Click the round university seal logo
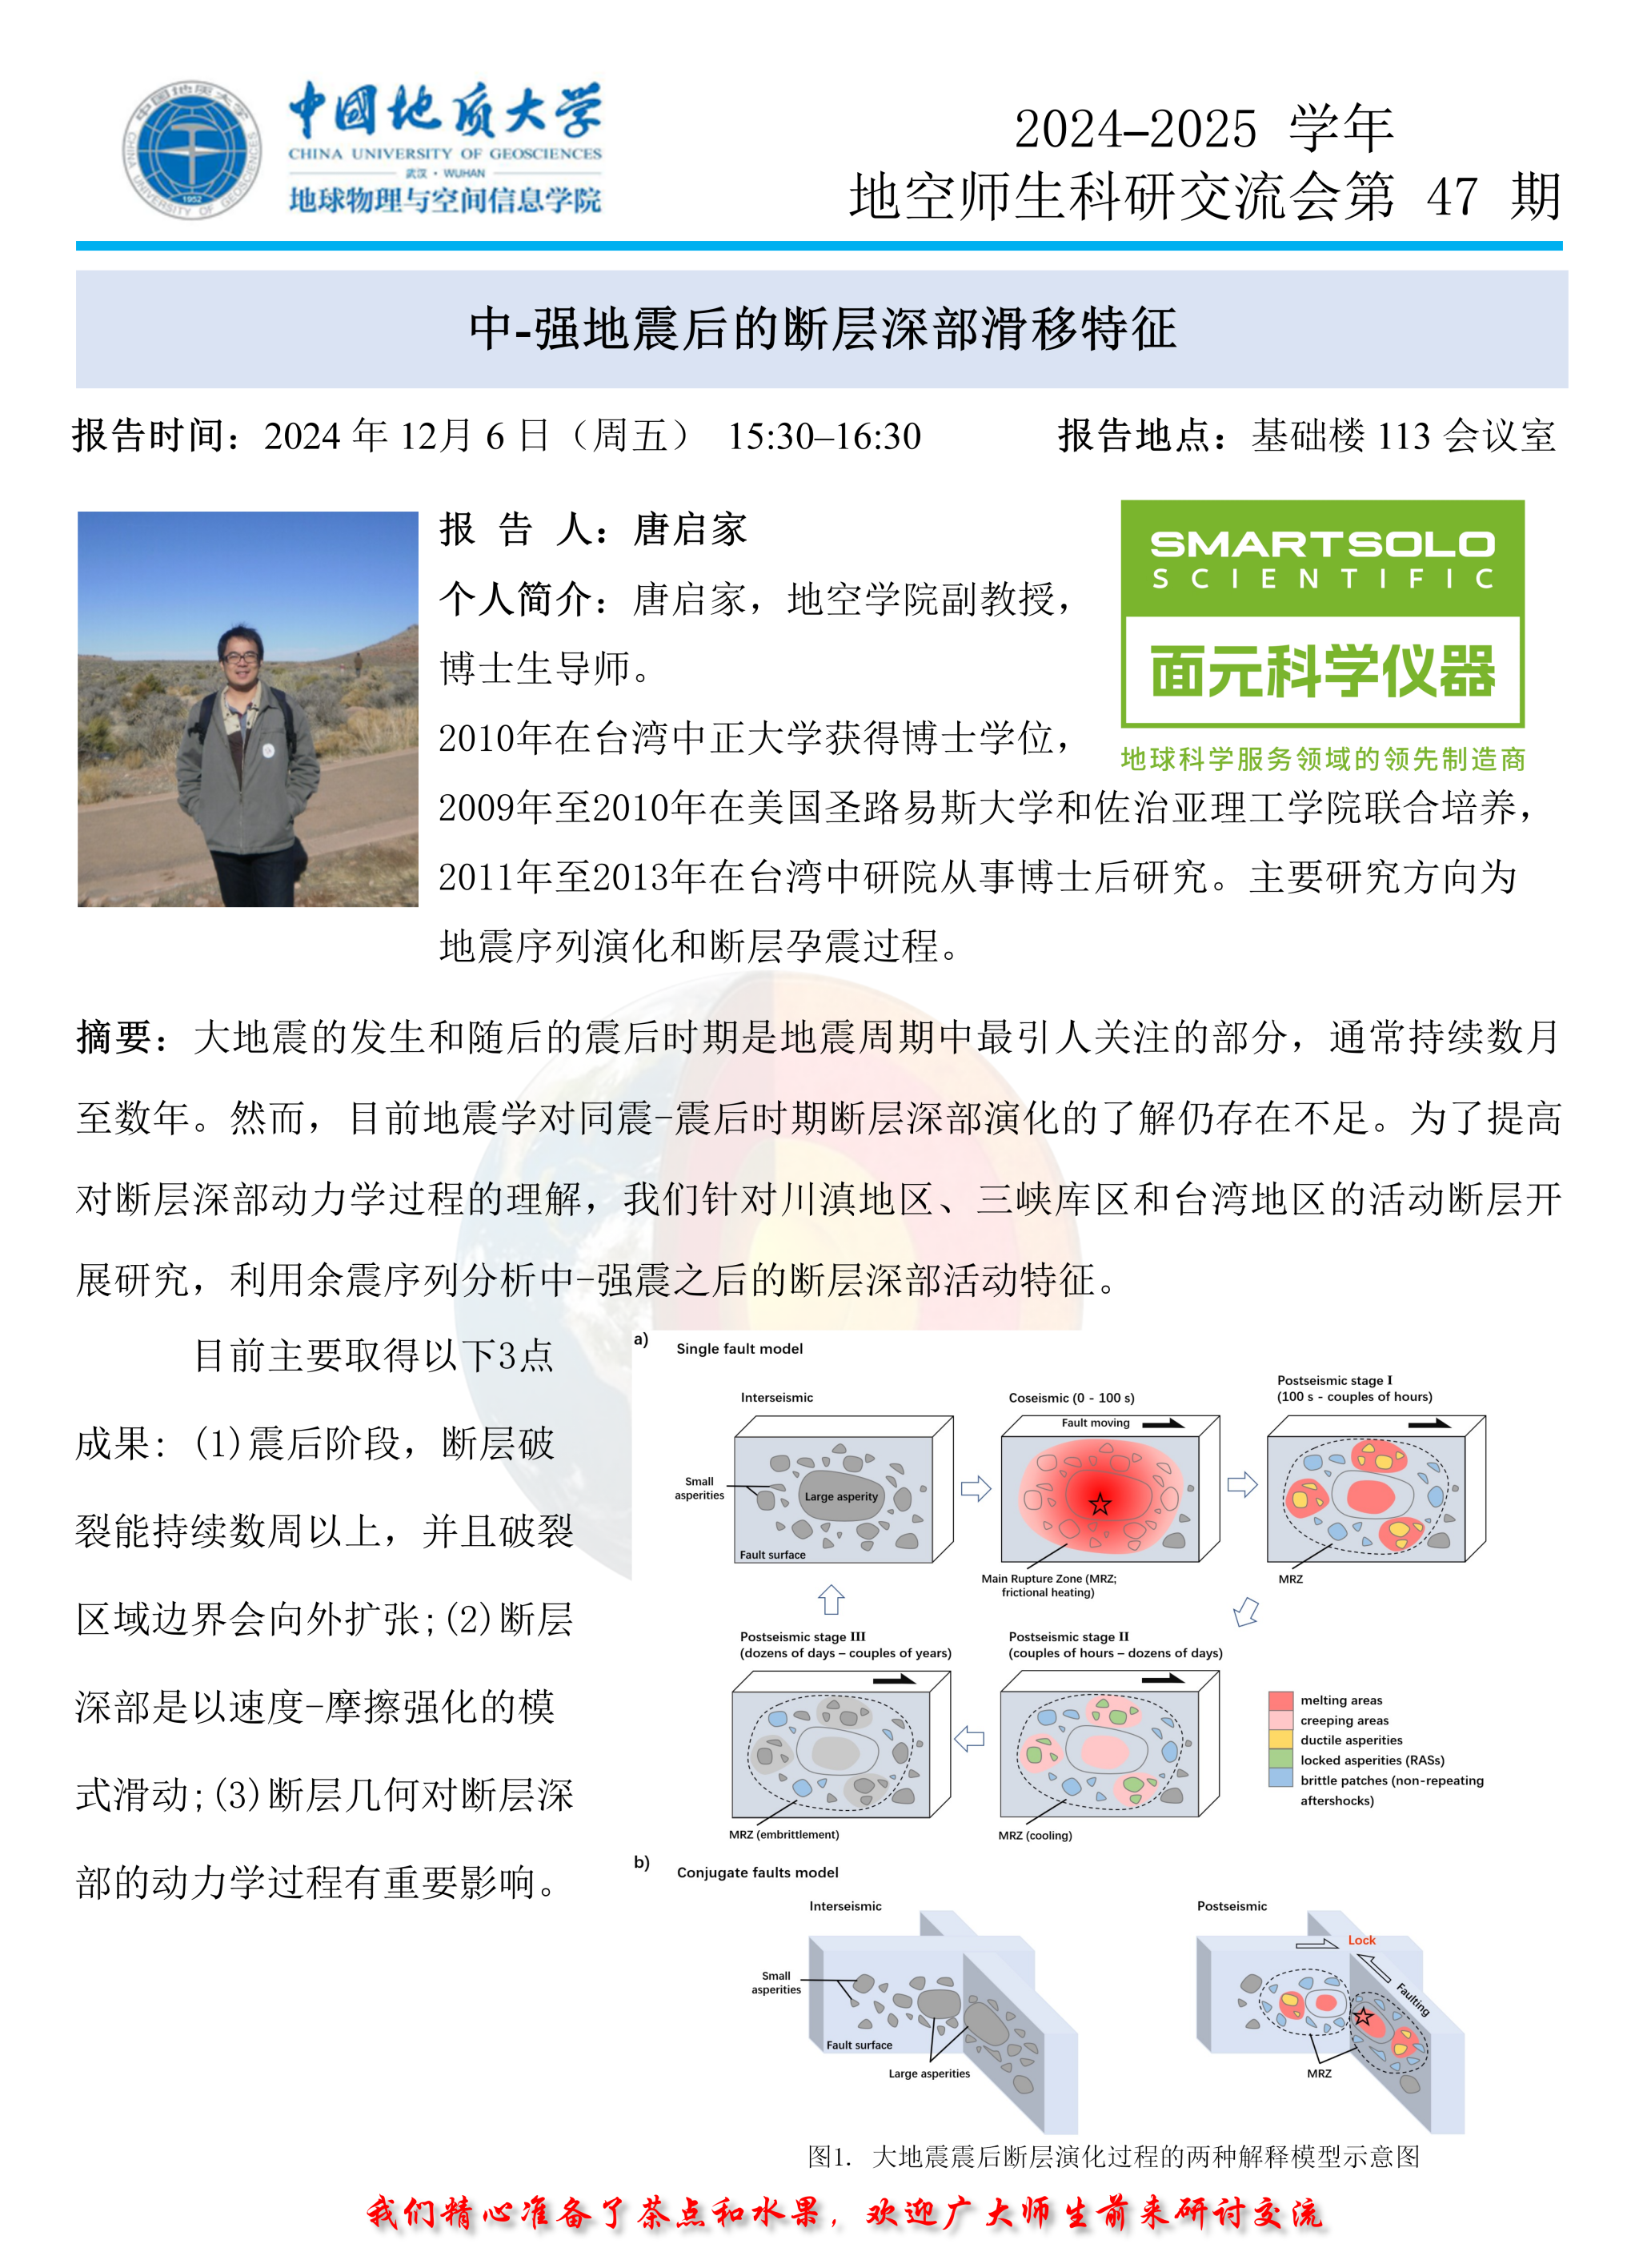click(x=190, y=151)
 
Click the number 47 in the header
click(x=1452, y=197)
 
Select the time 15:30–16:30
click(x=824, y=436)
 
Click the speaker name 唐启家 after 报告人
click(x=690, y=529)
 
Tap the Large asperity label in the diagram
click(x=840, y=1496)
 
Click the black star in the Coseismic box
click(x=1100, y=1504)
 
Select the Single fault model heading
click(x=739, y=1349)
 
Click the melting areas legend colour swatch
click(x=1280, y=1700)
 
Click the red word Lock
click(x=1361, y=1940)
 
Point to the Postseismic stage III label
click(x=803, y=1637)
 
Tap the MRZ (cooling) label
click(x=1035, y=1835)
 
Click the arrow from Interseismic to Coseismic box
click(x=976, y=1488)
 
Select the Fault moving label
click(x=1095, y=1423)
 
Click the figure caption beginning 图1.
click(x=1113, y=2156)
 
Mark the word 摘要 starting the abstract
click(x=114, y=1038)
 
